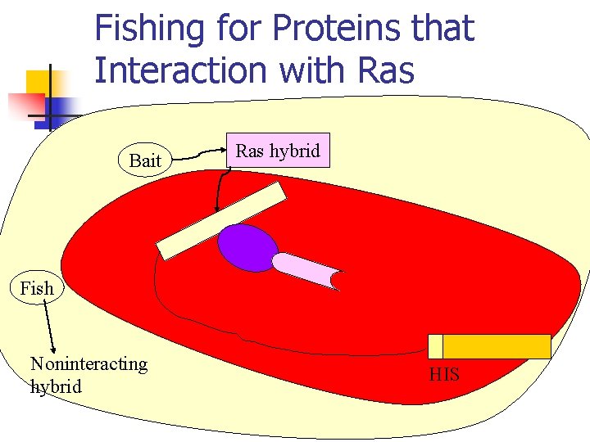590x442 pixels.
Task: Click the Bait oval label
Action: [145, 160]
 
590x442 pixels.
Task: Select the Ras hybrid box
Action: [278, 151]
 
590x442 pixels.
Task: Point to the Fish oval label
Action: [36, 288]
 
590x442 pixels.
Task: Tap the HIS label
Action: [444, 375]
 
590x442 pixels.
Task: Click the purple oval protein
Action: [248, 247]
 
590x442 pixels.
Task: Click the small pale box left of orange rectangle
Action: [435, 346]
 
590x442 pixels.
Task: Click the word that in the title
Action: [442, 29]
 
